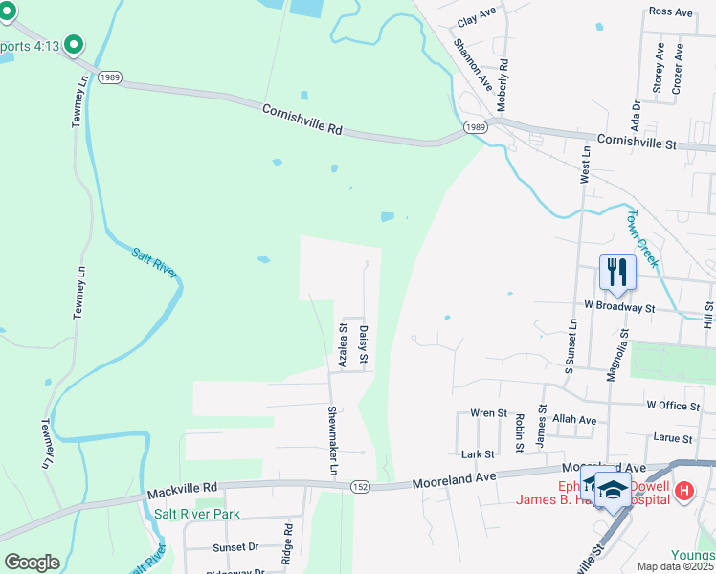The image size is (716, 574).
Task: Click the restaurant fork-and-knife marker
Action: tap(617, 272)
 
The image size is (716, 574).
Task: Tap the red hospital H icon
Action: tap(684, 492)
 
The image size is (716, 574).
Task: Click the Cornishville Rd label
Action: tap(302, 120)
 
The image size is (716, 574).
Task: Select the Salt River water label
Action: tap(155, 262)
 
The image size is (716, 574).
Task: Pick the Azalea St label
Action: tap(343, 345)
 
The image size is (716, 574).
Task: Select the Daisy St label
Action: tap(365, 345)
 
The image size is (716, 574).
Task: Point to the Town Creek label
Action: tap(643, 237)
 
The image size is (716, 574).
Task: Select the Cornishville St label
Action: tap(636, 141)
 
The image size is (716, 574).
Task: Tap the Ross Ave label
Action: tap(670, 11)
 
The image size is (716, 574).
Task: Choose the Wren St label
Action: tap(488, 413)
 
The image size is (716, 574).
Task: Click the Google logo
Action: tap(32, 562)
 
